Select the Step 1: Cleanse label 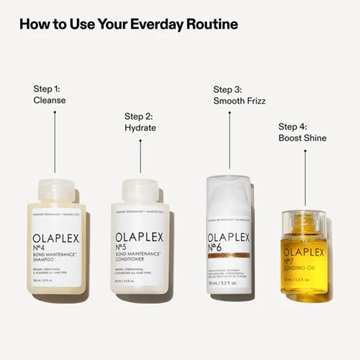point(50,94)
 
